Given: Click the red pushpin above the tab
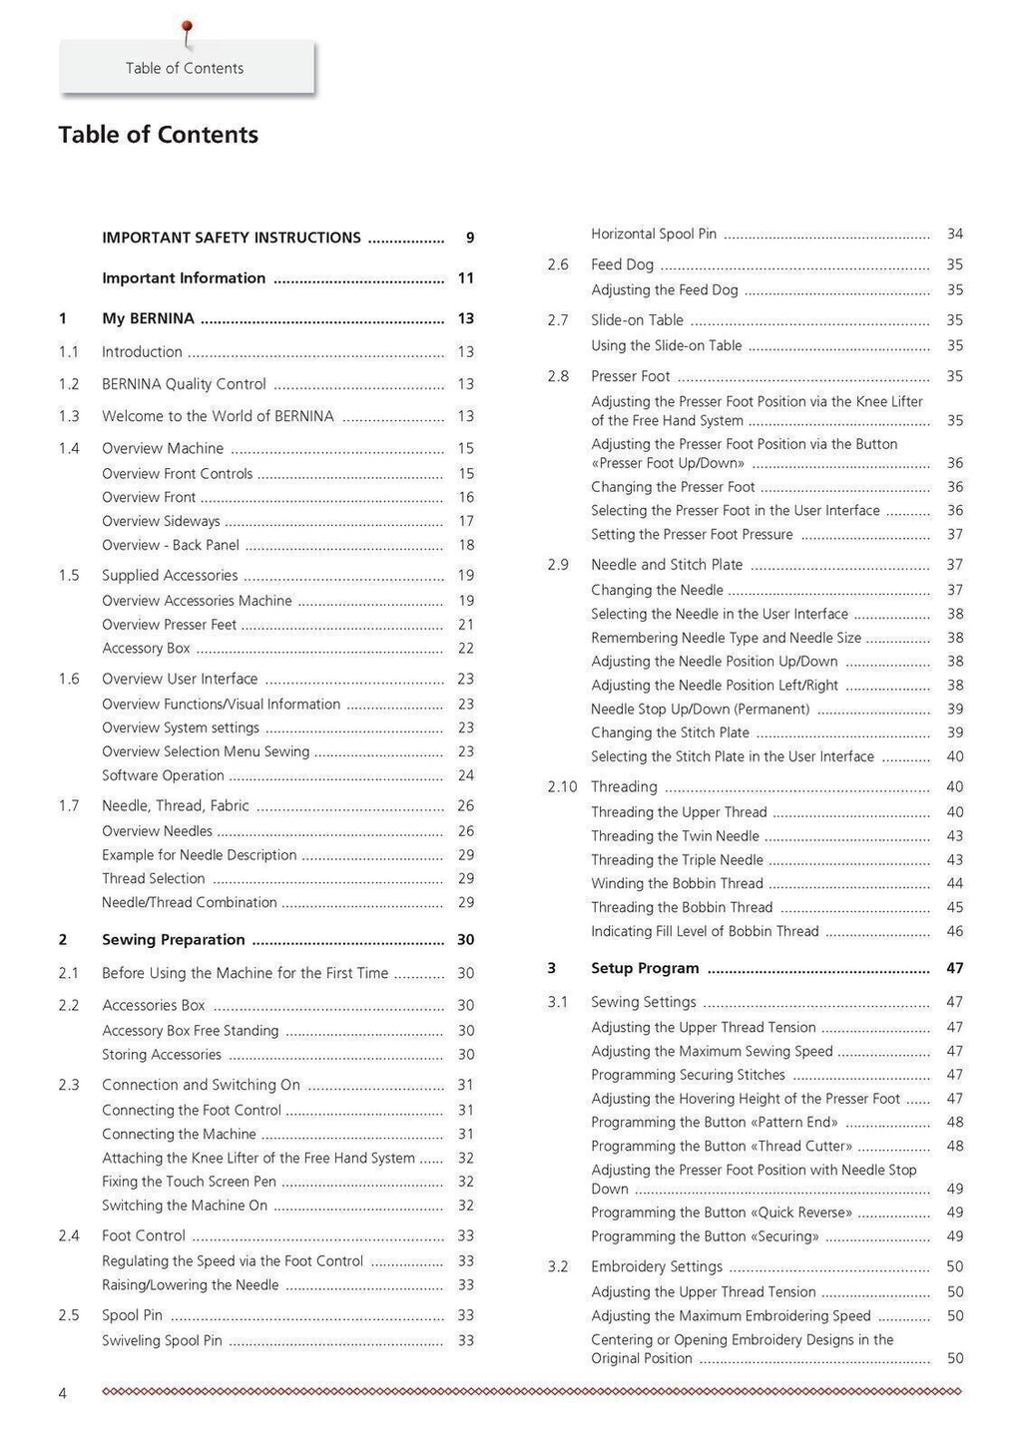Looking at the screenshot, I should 187,29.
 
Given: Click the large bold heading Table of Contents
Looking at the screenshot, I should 158,135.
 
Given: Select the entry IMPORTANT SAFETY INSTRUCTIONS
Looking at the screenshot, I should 232,238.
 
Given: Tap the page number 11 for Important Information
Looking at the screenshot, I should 465,278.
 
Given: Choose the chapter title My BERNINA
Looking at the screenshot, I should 148,318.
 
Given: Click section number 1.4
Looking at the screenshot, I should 69,448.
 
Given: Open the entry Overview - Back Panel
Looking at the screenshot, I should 171,545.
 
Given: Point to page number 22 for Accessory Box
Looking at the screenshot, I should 465,649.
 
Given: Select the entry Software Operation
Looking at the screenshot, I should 163,775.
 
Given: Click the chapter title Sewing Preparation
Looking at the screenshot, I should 174,939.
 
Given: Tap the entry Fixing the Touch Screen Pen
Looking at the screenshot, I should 189,1182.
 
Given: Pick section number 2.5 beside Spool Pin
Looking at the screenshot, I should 69,1315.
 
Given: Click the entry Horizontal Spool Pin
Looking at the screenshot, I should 654,234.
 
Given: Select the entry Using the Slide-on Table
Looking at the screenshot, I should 667,345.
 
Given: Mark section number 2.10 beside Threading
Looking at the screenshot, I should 562,786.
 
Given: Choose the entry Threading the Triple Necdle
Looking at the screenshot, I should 677,860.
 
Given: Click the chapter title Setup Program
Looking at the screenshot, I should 645,968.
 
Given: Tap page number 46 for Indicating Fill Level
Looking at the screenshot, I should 954,932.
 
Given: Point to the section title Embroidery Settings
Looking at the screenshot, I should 657,1266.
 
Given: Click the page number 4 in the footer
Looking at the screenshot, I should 63,1393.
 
